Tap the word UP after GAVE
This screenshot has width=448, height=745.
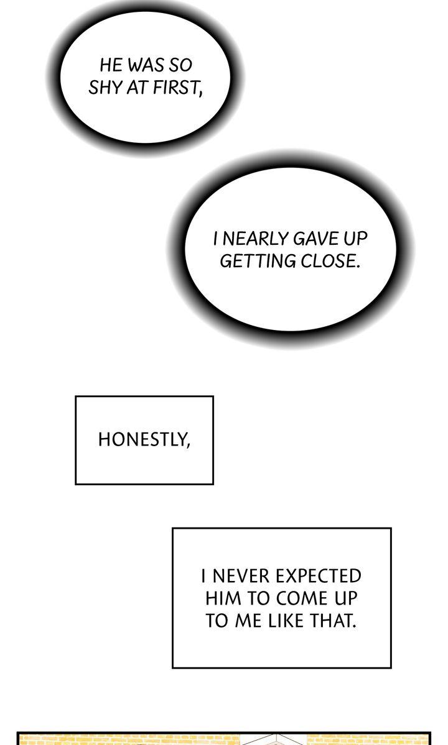click(x=355, y=239)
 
